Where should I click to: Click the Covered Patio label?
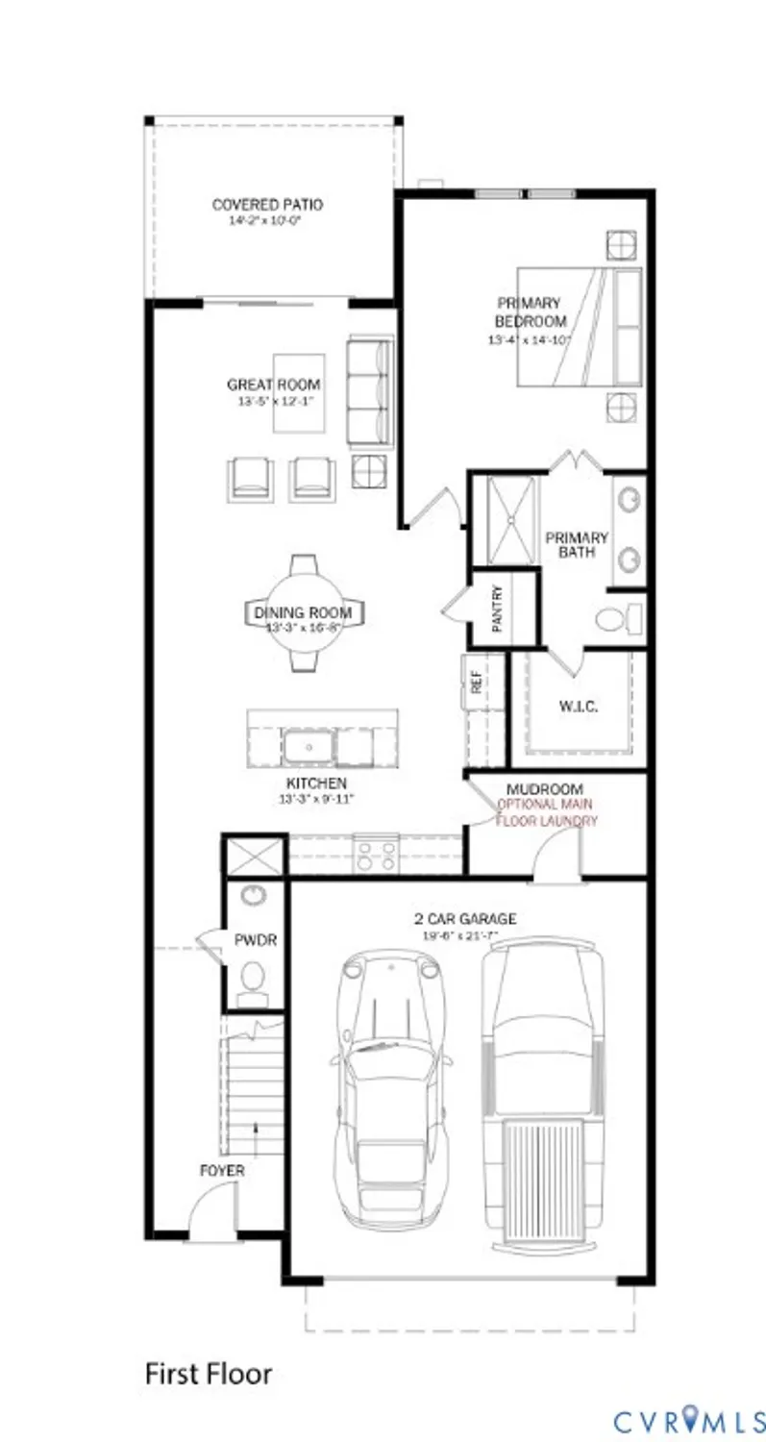[267, 205]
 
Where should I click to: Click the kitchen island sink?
[307, 746]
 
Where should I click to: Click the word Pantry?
[498, 609]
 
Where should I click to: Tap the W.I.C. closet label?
[579, 707]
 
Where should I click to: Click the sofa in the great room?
[370, 392]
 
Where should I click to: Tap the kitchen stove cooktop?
[377, 854]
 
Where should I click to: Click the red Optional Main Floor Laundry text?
[546, 812]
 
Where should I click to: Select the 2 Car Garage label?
[465, 919]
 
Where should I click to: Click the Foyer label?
[222, 1171]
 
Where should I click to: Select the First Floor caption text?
[209, 1373]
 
